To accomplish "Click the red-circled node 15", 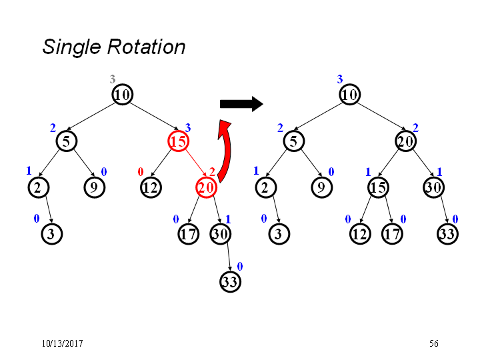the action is (x=178, y=141).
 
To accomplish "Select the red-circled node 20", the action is (x=206, y=187).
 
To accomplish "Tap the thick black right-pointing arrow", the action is (x=241, y=104).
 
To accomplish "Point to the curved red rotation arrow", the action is (x=226, y=150).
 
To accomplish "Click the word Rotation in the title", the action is (x=146, y=47).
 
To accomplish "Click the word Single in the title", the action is (x=71, y=47).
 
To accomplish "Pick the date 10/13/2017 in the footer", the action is (x=62, y=343).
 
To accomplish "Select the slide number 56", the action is (x=433, y=343).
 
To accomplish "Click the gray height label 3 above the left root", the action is (x=113, y=79).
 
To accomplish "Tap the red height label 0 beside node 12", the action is (x=141, y=172).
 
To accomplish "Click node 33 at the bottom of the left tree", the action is (x=230, y=281).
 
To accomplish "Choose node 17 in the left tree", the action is (x=188, y=234).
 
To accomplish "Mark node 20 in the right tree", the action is (x=405, y=141).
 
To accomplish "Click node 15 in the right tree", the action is (x=379, y=187).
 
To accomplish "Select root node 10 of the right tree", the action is (x=349, y=95).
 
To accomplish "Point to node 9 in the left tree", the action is (x=94, y=187).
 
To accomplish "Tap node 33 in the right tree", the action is (x=447, y=234).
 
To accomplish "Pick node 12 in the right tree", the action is (x=360, y=234).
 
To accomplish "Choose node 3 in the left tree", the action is (x=52, y=234).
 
